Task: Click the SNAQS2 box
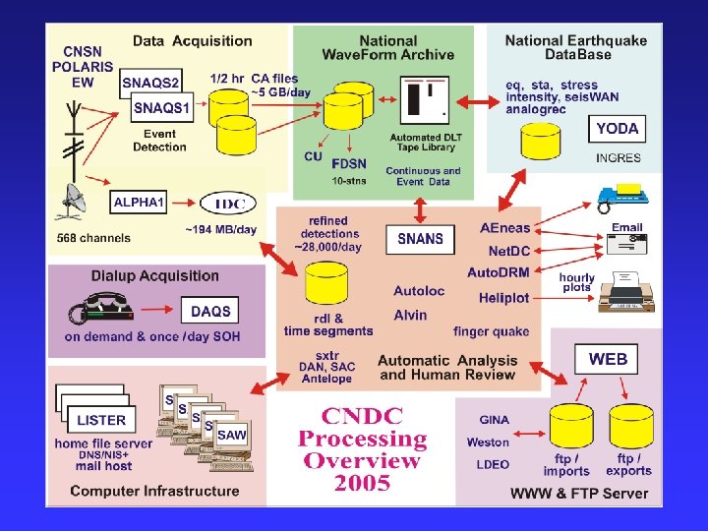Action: tap(150, 84)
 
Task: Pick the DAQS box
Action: tap(210, 311)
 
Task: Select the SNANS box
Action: tap(420, 238)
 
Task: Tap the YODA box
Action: tap(617, 128)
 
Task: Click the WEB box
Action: tap(608, 359)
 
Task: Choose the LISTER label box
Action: tap(101, 420)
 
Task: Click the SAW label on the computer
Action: tap(232, 435)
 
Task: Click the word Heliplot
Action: tap(504, 298)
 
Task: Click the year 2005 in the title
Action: tap(362, 483)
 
